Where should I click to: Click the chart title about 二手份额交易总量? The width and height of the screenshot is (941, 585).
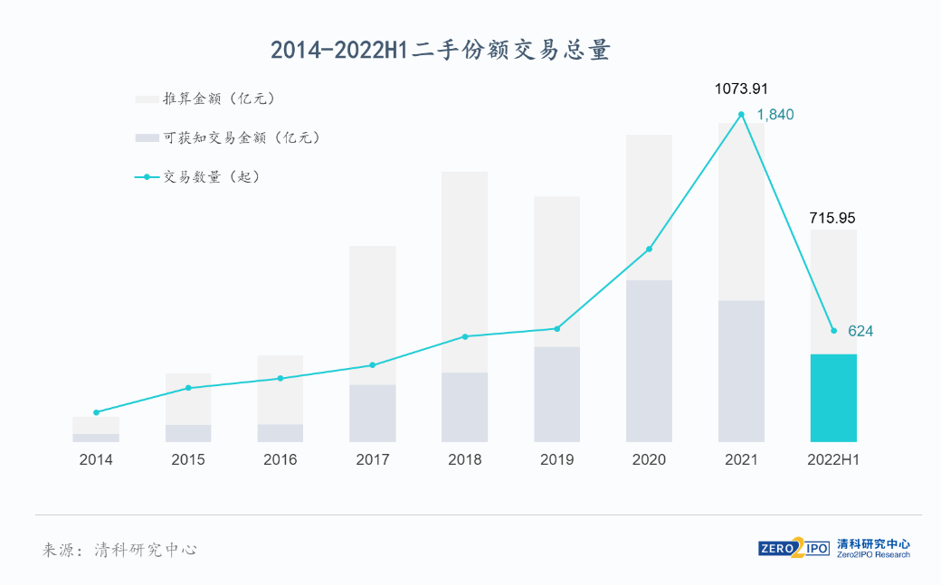[441, 50]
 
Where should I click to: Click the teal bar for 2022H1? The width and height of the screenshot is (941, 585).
[833, 398]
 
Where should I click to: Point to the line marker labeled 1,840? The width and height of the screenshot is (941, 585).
[741, 115]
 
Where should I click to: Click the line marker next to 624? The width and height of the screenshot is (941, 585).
[833, 331]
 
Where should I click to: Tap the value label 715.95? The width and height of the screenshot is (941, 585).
[832, 218]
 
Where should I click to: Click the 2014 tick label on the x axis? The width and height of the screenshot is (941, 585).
[96, 460]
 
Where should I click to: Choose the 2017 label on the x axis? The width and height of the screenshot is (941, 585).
[373, 460]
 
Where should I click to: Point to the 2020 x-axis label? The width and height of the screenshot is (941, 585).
[649, 460]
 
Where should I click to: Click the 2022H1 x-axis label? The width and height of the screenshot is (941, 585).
[832, 460]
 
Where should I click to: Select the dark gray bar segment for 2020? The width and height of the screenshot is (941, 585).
[649, 362]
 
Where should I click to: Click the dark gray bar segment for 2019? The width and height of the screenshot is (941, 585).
[556, 394]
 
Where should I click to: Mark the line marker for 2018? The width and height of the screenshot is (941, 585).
[465, 336]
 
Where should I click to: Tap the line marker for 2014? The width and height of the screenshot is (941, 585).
[96, 412]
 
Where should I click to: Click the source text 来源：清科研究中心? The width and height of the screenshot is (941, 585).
[119, 550]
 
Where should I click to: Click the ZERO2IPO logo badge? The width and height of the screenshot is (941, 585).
[794, 548]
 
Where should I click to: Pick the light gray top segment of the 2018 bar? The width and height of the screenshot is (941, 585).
[465, 271]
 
